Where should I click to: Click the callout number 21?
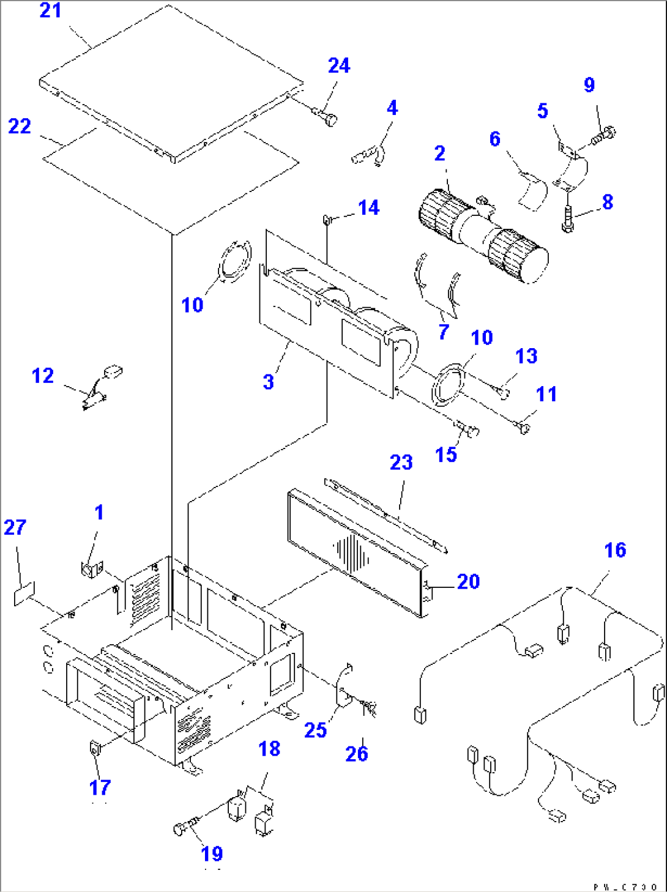(x=50, y=10)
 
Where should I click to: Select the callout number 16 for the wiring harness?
(x=615, y=550)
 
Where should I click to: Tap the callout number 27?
(x=15, y=527)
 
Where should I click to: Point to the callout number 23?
(x=401, y=463)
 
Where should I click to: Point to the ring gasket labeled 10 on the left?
(x=233, y=263)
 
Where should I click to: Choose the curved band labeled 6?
(x=534, y=191)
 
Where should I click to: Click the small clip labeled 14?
(x=328, y=218)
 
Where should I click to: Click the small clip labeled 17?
(x=94, y=748)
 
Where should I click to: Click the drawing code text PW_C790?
(x=625, y=886)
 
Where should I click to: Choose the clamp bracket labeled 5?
(x=570, y=165)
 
